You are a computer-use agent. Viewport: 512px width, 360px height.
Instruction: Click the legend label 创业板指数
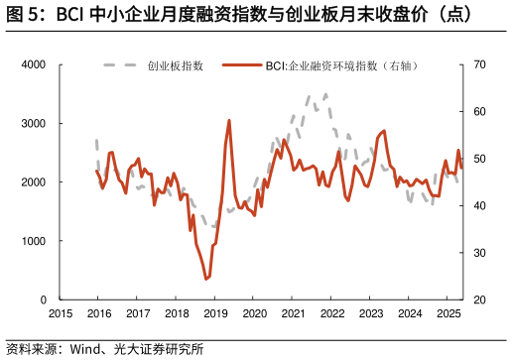coord(176,65)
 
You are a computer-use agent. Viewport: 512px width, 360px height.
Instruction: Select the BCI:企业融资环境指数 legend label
coord(338,65)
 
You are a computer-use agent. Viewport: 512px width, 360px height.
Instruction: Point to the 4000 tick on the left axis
coord(35,65)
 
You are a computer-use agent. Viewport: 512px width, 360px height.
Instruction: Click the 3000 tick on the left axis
coord(35,124)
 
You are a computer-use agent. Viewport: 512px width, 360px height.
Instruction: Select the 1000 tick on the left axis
coord(35,241)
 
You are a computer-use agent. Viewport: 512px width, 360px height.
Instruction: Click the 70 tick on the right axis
coord(478,65)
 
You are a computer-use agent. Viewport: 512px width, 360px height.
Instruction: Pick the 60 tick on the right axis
coord(478,112)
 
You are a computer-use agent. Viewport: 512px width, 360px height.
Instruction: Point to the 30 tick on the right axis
coord(478,253)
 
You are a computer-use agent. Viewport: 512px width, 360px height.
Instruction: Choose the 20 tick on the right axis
coord(478,300)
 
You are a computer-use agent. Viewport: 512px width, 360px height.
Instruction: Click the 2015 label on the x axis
coord(60,313)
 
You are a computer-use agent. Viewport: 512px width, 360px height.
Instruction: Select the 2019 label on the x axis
coord(215,313)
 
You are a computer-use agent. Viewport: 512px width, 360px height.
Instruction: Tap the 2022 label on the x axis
coord(332,313)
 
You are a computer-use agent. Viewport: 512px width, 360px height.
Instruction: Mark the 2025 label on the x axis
coord(449,313)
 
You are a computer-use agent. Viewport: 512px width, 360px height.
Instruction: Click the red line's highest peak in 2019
coord(229,120)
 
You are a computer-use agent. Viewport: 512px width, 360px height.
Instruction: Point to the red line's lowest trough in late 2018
coord(206,279)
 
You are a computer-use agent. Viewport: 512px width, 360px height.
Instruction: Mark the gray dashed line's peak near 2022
coord(325,94)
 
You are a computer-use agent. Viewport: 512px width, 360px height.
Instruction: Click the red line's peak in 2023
coord(384,130)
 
